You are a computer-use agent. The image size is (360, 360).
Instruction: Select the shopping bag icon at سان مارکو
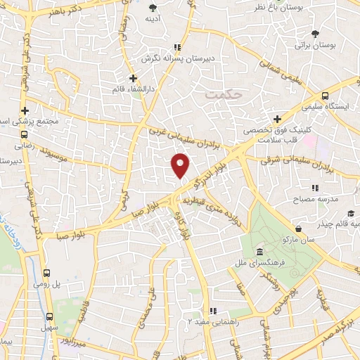[300, 229]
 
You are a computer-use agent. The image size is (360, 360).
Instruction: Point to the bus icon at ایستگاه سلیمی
[325, 96]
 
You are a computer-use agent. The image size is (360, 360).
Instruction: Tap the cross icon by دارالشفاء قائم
[134, 78]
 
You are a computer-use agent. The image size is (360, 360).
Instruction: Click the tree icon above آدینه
[155, 8]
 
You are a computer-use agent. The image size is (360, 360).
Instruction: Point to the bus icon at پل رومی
[47, 273]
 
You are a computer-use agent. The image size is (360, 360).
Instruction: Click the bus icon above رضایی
[25, 134]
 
